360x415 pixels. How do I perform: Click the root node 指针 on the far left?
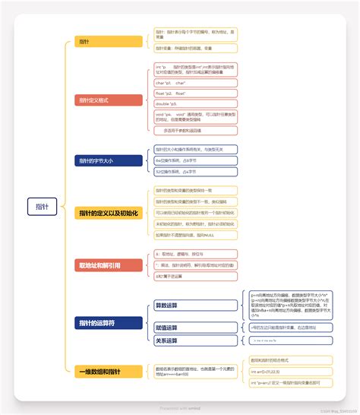click(x=42, y=206)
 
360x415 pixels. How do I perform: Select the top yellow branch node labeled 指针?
click(x=84, y=41)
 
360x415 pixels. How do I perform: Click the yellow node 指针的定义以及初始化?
click(x=108, y=213)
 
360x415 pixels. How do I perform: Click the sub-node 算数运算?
click(x=166, y=306)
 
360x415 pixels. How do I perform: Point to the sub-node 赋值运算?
click(x=166, y=328)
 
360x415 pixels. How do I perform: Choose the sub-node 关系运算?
click(x=166, y=341)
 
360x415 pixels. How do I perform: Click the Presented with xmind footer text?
click(x=181, y=407)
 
